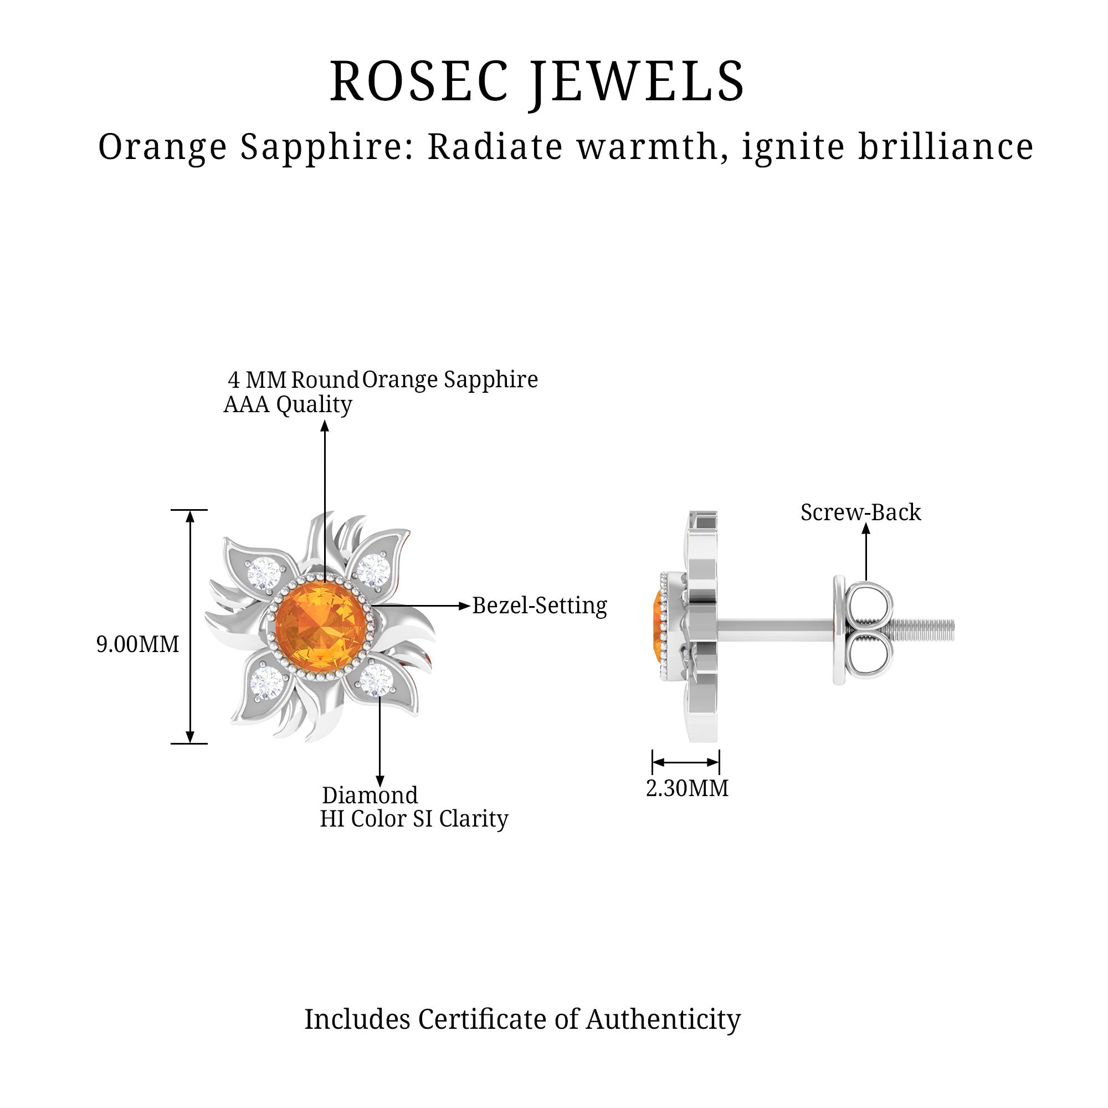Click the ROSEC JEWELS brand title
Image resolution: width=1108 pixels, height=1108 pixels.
point(537,82)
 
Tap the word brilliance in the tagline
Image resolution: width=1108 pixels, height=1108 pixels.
point(946,147)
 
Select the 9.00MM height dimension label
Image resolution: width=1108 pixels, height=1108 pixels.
point(137,645)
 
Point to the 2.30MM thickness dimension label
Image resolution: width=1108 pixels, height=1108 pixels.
point(687,788)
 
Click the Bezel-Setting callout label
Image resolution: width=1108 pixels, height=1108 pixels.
point(540,606)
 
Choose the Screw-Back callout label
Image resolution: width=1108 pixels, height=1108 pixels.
point(861,512)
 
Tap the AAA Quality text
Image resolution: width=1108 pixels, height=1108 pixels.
point(288,405)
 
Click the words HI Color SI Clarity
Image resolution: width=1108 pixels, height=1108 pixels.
point(414,819)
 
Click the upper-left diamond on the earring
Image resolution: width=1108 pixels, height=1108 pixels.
point(264,572)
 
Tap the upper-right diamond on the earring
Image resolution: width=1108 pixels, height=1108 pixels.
point(373,571)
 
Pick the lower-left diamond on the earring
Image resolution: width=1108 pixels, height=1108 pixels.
point(266,683)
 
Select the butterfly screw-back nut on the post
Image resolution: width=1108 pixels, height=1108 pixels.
point(864,630)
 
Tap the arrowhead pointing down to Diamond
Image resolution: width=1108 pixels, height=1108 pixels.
point(379,781)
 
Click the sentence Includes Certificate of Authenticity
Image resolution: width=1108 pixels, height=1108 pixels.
point(522,1019)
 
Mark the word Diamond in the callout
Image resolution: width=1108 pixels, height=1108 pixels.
point(370,796)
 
